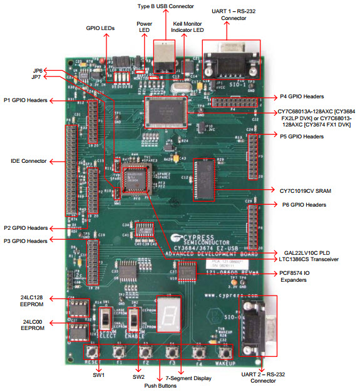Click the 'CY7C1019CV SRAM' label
pyautogui.click(x=302, y=189)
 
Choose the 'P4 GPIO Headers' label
pyautogui.click(x=301, y=97)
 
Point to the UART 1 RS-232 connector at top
pyautogui.click(x=230, y=61)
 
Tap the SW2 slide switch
pyautogui.click(x=133, y=321)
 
